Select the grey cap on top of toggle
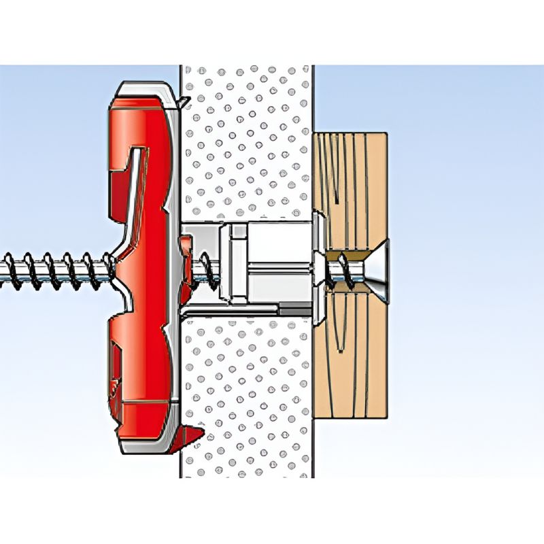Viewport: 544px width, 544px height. pos(143,92)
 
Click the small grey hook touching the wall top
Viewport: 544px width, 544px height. pos(182,101)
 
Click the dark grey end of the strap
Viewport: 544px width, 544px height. pos(292,309)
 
